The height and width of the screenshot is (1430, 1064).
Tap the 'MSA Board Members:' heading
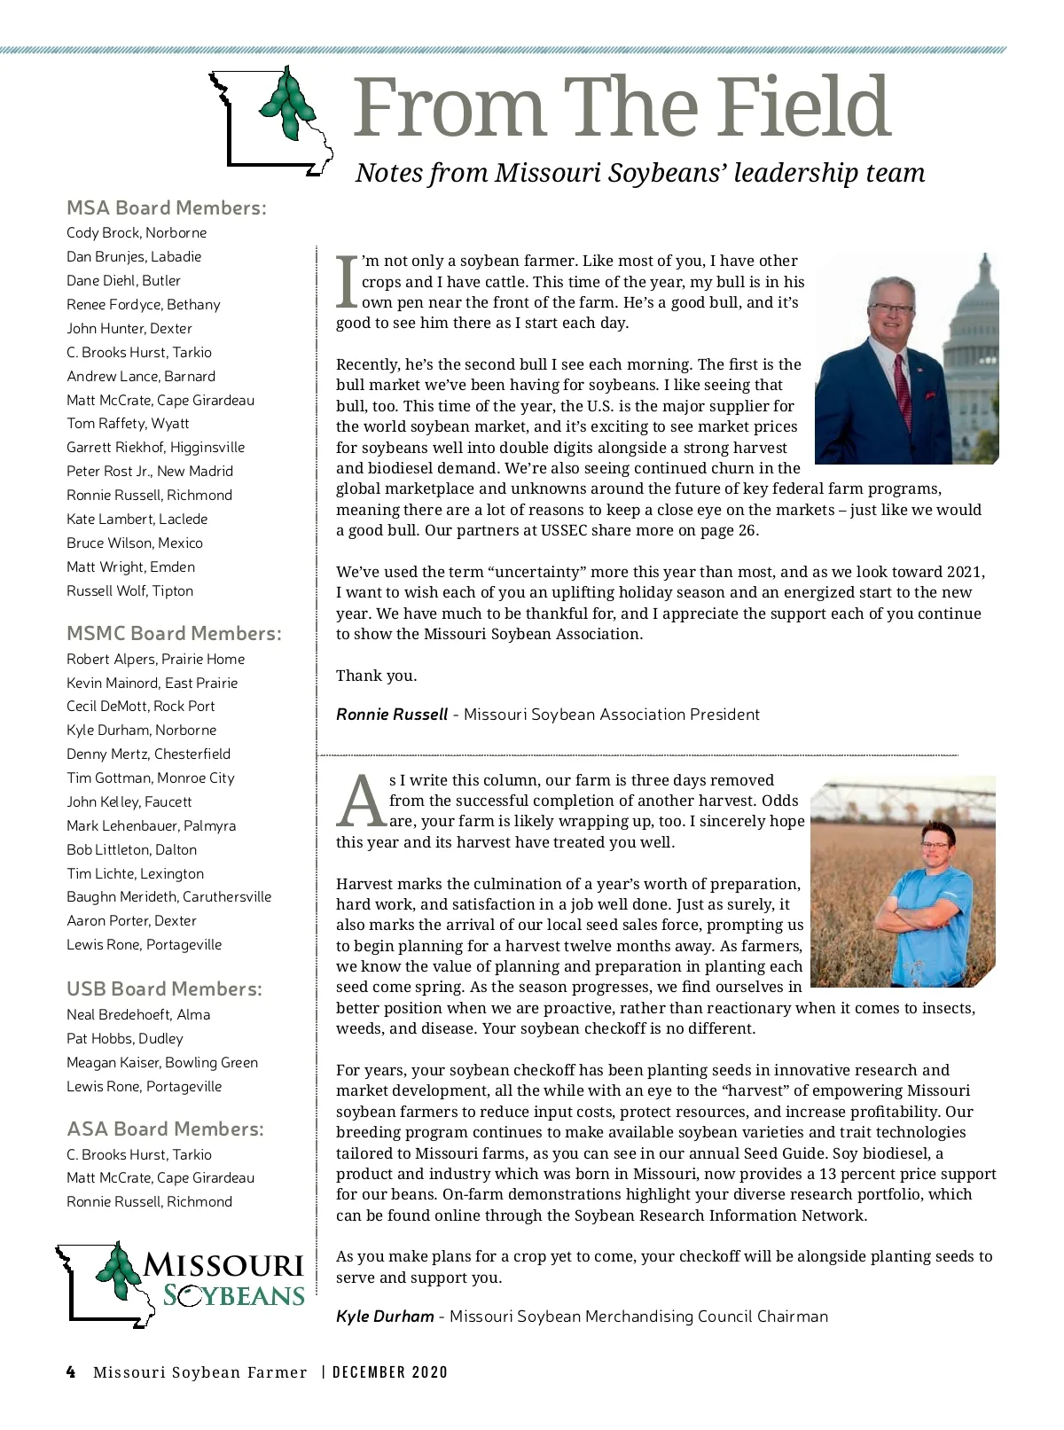click(x=166, y=208)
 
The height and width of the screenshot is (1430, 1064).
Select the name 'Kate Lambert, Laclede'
click(x=137, y=519)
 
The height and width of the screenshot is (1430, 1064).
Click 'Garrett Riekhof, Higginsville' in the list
click(x=155, y=447)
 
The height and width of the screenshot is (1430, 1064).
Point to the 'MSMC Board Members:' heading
click(x=174, y=633)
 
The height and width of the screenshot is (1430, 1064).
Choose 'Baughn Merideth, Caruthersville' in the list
click(x=168, y=896)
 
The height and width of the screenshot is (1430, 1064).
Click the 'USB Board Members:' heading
click(x=164, y=988)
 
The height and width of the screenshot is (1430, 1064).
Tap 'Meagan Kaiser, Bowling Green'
click(x=162, y=1062)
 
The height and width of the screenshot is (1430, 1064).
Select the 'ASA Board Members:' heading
click(x=165, y=1129)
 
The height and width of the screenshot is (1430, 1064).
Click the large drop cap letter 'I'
click(x=347, y=282)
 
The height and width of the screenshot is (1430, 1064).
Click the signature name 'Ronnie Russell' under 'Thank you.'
click(x=392, y=715)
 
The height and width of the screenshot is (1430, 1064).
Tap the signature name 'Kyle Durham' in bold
click(x=385, y=1317)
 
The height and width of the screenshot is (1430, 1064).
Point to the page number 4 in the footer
click(x=71, y=1372)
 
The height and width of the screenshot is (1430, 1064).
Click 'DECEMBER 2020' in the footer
click(x=390, y=1372)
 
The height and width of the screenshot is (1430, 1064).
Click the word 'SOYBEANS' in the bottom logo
click(x=234, y=1296)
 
